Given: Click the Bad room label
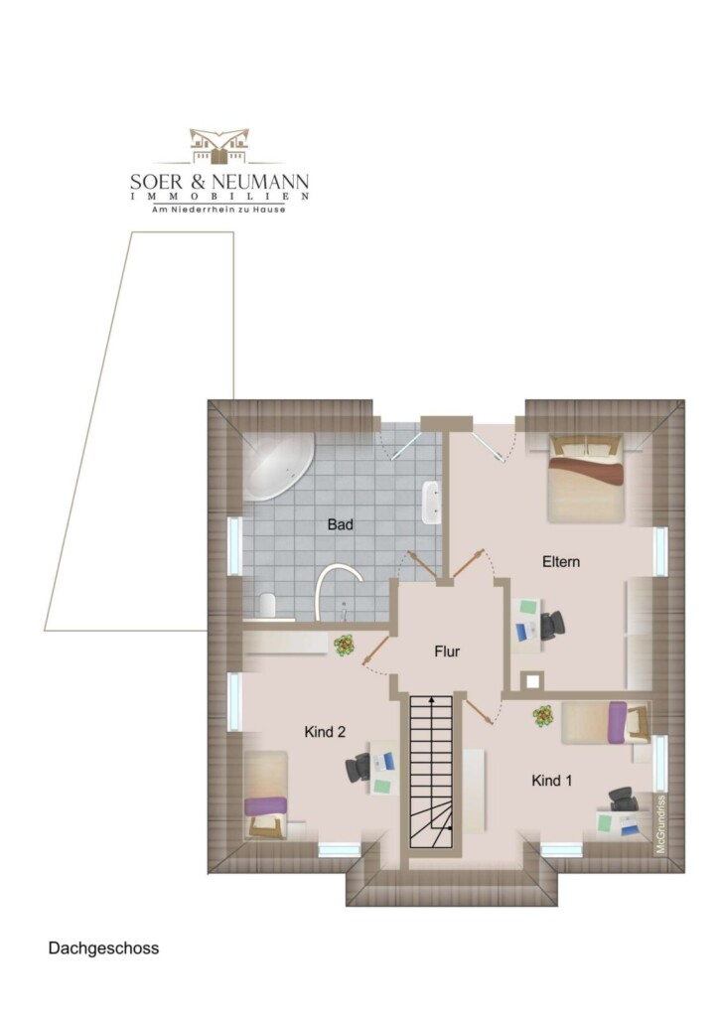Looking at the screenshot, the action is click(340, 524).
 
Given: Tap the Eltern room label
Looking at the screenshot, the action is click(561, 562).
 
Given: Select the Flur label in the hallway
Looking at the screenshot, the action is click(447, 652).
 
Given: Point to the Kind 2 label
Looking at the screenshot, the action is click(325, 732).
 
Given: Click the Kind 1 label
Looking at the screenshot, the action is click(552, 781).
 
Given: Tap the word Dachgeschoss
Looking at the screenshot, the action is click(103, 948).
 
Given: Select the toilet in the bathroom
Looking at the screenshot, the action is click(266, 605).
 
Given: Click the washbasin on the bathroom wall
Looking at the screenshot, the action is click(431, 502).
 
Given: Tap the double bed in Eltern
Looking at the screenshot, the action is click(586, 479).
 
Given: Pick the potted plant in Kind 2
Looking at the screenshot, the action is click(344, 646).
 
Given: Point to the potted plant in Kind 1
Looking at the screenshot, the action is click(543, 716).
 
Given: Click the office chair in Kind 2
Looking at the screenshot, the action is click(358, 768).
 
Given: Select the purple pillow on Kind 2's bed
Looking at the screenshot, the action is click(266, 806).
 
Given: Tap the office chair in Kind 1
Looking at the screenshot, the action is click(623, 799).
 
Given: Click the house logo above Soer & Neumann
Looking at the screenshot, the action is click(219, 146).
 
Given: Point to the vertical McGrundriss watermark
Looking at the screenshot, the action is click(660, 823).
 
